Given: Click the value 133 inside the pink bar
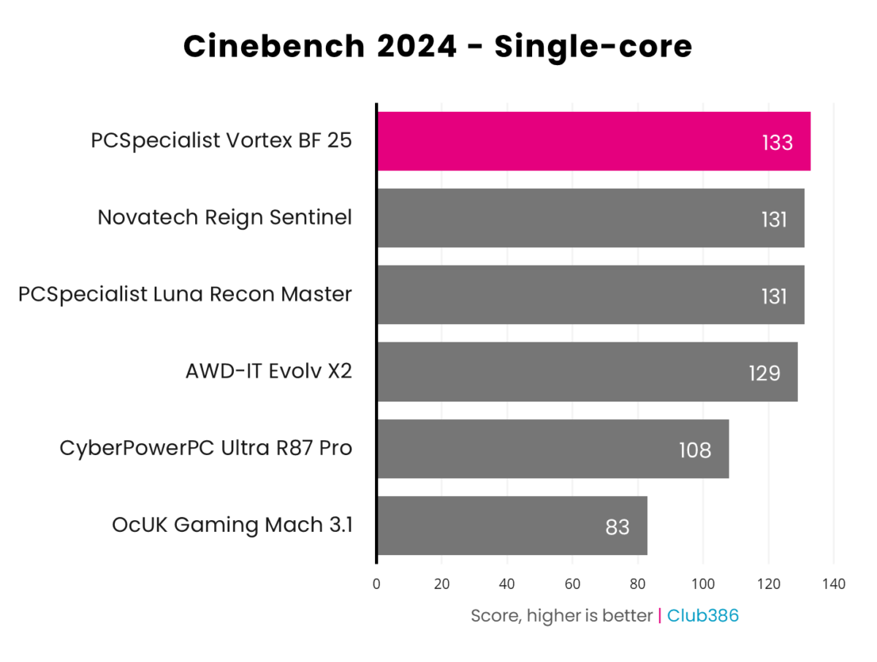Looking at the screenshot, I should pyautogui.click(x=777, y=143).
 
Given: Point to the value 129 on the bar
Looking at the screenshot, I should pyautogui.click(x=764, y=373).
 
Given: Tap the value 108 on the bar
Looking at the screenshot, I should pyautogui.click(x=694, y=450).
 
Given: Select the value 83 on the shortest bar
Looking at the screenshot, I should pyautogui.click(x=618, y=527).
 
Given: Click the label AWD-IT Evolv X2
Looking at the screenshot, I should pyautogui.click(x=268, y=372).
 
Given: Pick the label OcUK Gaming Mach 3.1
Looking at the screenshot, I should pyautogui.click(x=232, y=525).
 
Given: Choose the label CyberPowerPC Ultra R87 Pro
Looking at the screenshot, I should pyautogui.click(x=206, y=448).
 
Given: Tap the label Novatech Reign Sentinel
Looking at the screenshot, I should pyautogui.click(x=224, y=218).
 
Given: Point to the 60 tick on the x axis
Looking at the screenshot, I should pyautogui.click(x=572, y=584).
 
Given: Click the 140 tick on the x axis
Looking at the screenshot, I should pyautogui.click(x=833, y=584).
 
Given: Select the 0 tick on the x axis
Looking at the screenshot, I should pyautogui.click(x=376, y=584).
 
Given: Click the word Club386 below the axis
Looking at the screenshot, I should pyautogui.click(x=703, y=616).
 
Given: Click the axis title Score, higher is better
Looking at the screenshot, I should pyautogui.click(x=561, y=616).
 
